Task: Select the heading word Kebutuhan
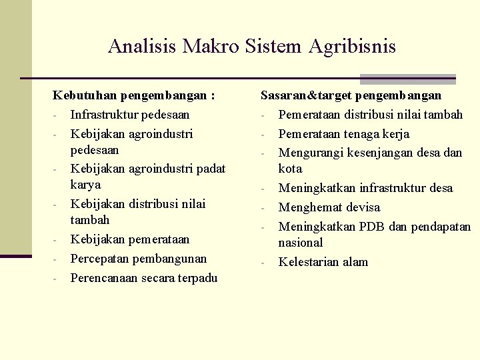(83, 96)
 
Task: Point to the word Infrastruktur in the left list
(104, 115)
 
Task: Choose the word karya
(85, 185)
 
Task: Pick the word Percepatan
(101, 259)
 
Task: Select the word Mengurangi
(310, 153)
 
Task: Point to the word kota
(290, 169)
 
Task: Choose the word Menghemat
(309, 207)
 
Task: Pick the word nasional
(300, 243)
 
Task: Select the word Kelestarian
(309, 262)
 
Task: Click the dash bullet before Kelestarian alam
(264, 263)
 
